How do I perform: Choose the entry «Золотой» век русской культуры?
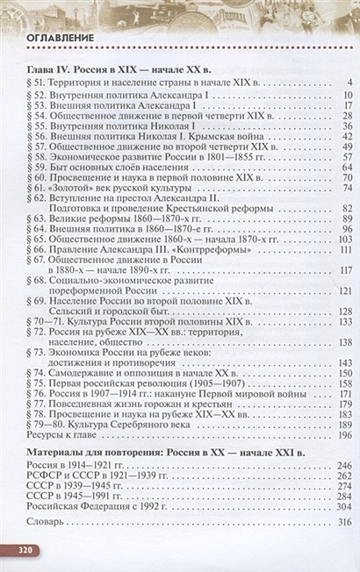tap(118, 187)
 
